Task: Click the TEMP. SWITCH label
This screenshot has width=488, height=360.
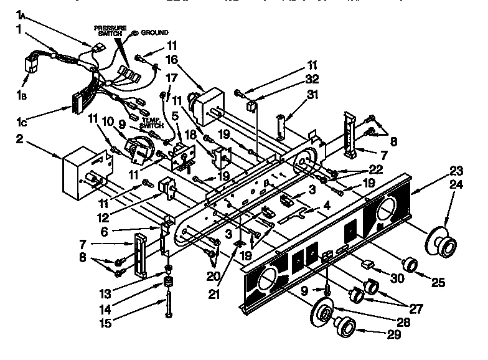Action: pos(152,122)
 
